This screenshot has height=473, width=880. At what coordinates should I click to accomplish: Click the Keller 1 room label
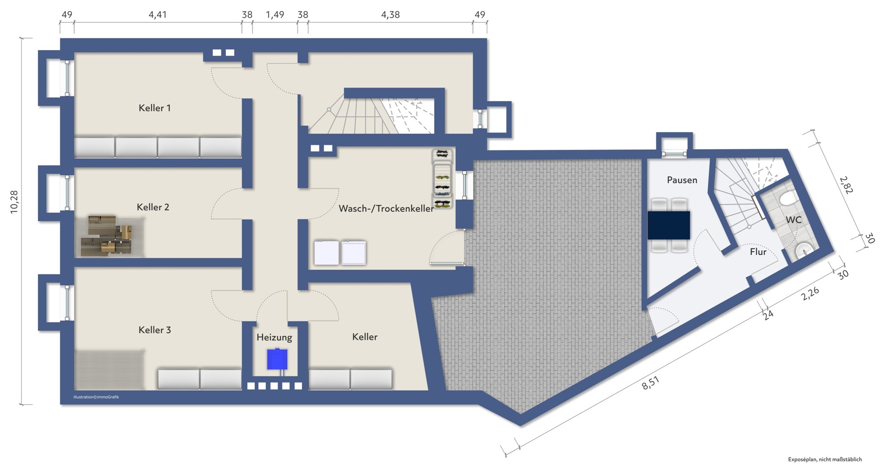pos(154,108)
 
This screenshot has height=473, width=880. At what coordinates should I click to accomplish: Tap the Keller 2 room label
pos(153,207)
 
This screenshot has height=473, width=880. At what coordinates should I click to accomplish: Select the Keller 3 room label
pos(154,330)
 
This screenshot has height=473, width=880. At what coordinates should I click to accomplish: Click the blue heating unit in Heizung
pos(277,359)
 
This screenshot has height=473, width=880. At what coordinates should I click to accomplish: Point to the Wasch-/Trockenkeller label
pos(386,209)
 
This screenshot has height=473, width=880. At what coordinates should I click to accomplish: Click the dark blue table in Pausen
pos(669,225)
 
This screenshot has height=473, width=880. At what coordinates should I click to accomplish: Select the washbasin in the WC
pos(803,250)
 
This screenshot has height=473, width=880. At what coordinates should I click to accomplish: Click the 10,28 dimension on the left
pos(14,202)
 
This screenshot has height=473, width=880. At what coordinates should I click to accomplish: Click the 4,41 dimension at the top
pos(158,15)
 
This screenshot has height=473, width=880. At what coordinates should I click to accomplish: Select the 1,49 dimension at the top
pos(275,15)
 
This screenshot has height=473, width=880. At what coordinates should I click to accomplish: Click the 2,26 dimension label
pos(810,294)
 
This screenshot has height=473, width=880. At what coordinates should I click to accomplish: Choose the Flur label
pos(758,252)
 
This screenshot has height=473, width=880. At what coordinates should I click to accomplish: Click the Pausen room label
pos(682,180)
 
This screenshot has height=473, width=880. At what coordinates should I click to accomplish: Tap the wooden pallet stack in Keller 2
pos(110,236)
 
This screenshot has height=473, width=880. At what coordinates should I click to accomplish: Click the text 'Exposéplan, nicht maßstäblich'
pos(825,459)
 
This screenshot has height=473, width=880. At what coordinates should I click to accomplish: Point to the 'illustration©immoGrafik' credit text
pos(96,397)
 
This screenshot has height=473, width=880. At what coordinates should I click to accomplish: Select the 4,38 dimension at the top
pos(390,15)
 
